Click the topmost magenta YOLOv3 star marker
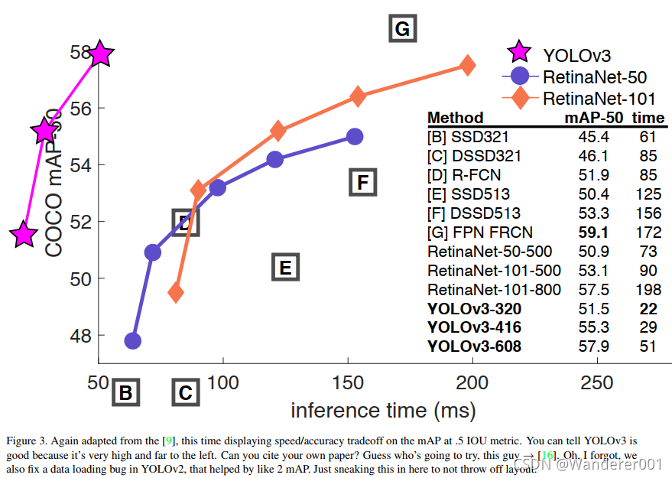pos(100,54)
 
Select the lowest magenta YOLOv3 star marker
pos(24,235)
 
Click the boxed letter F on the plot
pos(363,182)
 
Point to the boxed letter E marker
pos(284,268)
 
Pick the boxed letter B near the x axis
pos(126,394)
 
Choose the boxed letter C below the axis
pos(185,394)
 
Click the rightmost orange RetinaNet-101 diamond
pos(467,66)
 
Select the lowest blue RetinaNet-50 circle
pos(133,340)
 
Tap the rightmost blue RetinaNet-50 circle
pos(354,137)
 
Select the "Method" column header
pos(456,118)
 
